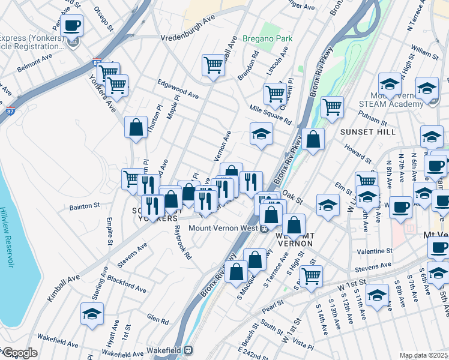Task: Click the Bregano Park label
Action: pos(268,39)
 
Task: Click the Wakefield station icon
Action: pos(188,349)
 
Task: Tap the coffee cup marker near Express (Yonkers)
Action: pos(71,26)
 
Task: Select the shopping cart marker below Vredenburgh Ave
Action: pos(213,64)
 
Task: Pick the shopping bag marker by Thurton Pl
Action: pos(136,127)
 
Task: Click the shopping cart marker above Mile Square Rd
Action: pos(275,94)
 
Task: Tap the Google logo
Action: pos(19,353)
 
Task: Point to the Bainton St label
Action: pos(85,206)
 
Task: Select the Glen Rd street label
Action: pos(157,320)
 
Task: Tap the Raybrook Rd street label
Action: pos(182,242)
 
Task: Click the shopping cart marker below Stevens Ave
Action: pos(311,276)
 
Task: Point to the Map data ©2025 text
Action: pos(423,355)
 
